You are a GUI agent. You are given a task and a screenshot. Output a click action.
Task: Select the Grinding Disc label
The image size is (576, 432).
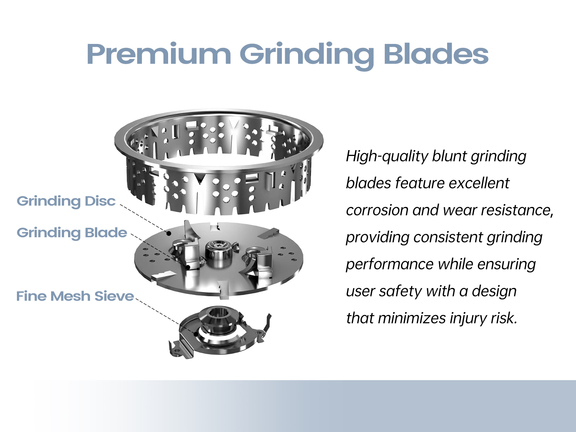(66, 202)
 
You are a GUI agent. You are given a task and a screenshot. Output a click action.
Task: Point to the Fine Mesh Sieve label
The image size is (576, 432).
(75, 296)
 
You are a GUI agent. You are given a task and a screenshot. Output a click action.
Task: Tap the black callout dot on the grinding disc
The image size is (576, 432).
(169, 233)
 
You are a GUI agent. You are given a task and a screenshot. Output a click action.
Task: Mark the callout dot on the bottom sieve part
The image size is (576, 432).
(196, 334)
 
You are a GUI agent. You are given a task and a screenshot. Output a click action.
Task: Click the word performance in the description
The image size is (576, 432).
(390, 265)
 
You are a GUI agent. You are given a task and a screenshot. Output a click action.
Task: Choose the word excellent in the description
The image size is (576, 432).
(479, 183)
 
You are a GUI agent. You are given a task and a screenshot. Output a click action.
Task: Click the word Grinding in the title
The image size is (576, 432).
(306, 55)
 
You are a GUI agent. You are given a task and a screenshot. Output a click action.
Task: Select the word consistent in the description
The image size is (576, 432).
(448, 237)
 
